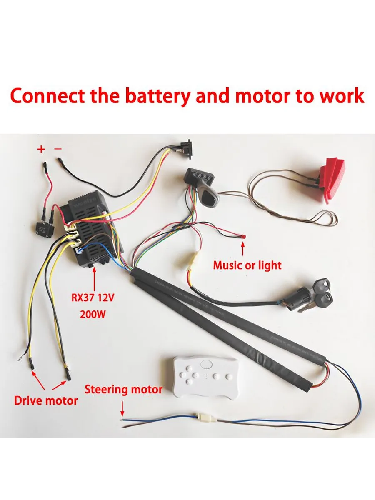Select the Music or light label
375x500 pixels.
coord(247,265)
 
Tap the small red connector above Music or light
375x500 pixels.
coord(242,237)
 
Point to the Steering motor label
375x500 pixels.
coord(123,390)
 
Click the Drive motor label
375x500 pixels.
coord(46,400)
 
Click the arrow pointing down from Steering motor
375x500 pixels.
coord(122,408)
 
